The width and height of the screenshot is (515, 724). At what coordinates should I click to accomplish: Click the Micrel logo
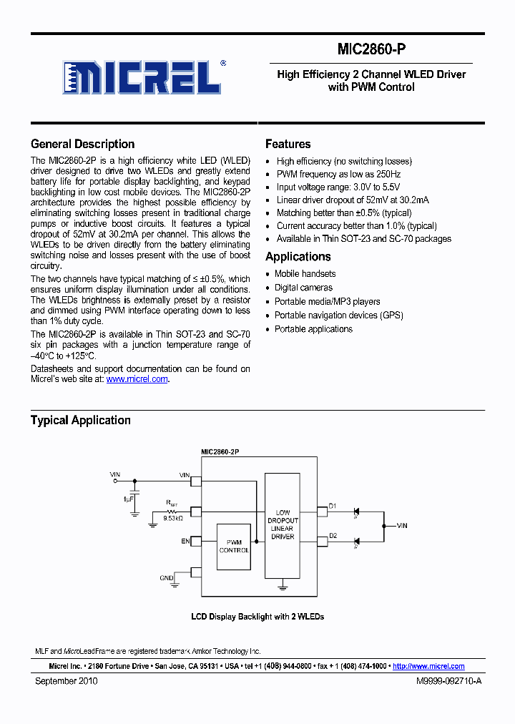(144, 77)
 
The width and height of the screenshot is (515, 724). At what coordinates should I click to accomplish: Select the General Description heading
(82, 144)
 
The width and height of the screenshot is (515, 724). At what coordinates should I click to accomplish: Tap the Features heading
(288, 144)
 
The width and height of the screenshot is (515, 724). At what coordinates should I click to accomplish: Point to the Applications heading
(298, 257)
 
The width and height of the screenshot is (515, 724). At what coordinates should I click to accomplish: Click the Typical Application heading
(80, 420)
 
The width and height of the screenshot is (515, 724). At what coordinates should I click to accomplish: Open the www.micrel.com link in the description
(137, 379)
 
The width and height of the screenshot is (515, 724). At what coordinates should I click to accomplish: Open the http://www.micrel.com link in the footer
(428, 666)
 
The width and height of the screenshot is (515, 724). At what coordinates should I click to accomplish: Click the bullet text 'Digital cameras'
(303, 288)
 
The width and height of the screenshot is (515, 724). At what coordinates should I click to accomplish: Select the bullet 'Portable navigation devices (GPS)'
(338, 315)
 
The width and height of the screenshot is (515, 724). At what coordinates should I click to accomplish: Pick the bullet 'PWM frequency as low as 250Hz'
(338, 175)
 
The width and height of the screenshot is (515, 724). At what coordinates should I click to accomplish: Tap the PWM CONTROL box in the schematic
(233, 546)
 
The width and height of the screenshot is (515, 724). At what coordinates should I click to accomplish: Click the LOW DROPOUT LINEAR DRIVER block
(283, 524)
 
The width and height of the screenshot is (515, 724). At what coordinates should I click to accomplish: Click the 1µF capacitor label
(128, 498)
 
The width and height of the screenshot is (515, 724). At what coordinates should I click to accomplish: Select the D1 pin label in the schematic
(333, 507)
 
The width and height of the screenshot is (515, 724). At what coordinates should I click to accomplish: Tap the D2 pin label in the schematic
(333, 536)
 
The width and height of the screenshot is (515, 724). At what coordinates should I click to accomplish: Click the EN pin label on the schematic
(185, 542)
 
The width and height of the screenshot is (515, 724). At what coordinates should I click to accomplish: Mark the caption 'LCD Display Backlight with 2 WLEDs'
(257, 617)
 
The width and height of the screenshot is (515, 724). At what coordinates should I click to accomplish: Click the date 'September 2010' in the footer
(67, 681)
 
